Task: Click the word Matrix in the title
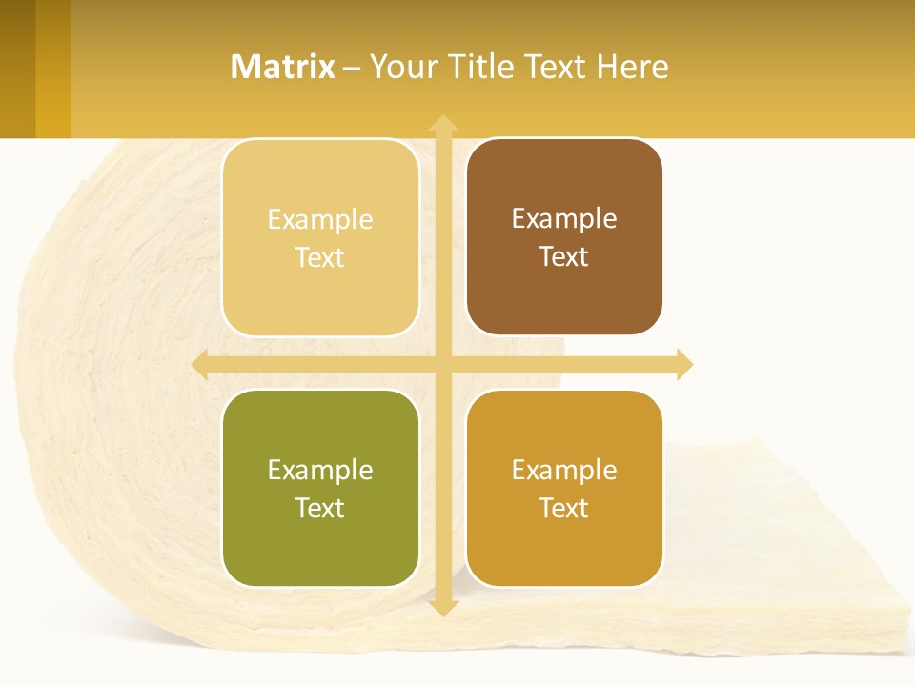click(283, 67)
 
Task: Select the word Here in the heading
click(633, 67)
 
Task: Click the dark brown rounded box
click(564, 236)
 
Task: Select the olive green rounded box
click(320, 488)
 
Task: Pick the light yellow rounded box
click(320, 237)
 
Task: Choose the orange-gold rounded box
click(564, 488)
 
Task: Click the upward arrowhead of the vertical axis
click(442, 123)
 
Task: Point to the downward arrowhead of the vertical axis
click(442, 607)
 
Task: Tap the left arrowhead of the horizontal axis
click(200, 364)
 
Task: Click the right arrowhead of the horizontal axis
click(684, 364)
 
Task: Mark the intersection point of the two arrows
click(442, 364)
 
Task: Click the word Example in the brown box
click(564, 218)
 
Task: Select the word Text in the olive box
click(320, 508)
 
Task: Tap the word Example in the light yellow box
click(320, 219)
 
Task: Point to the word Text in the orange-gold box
click(564, 508)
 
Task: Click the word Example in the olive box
click(320, 470)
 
